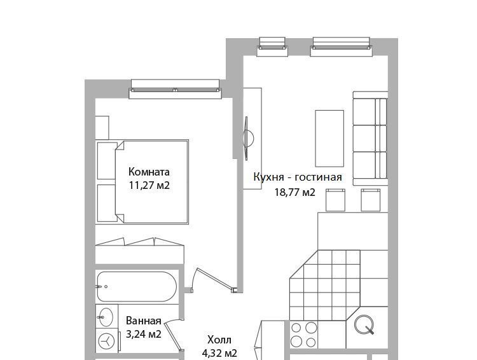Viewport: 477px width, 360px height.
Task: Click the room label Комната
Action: [149, 172]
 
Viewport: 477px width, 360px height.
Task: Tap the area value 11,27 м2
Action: [149, 185]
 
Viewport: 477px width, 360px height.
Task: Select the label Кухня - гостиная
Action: [298, 177]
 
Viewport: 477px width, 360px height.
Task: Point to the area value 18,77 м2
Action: [294, 192]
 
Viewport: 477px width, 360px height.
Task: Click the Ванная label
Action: [143, 321]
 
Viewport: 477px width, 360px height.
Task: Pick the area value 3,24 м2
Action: [143, 335]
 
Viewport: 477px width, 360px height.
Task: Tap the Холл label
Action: [219, 339]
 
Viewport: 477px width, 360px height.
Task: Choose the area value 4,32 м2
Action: [219, 353]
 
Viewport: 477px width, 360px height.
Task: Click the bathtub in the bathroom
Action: [137, 286]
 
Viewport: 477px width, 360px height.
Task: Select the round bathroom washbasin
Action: [106, 317]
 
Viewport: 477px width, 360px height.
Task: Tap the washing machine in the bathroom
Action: [107, 341]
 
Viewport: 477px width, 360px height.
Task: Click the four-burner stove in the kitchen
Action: [303, 335]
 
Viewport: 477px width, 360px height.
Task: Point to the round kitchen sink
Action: [364, 324]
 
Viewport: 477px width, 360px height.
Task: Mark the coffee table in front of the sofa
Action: [329, 139]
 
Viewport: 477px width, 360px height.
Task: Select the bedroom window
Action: [175, 89]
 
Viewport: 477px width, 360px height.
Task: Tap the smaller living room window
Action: [272, 47]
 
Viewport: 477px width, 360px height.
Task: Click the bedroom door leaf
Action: [215, 279]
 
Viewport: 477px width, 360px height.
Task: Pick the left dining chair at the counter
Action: [335, 200]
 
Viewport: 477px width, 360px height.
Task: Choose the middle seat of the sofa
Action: [370, 138]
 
